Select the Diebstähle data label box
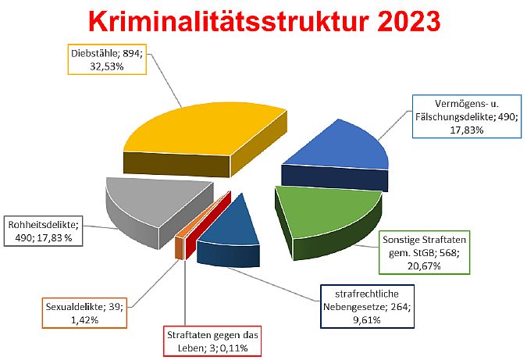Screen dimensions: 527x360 click(107, 59)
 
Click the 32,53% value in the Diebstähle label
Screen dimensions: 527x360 click(107, 66)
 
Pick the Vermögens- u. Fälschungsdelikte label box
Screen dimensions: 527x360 click(467, 116)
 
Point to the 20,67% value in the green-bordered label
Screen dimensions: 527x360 click(424, 266)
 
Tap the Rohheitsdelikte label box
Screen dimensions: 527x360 click(44, 231)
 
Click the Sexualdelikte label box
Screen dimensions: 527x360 click(84, 313)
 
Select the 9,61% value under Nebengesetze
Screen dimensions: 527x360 click(367, 319)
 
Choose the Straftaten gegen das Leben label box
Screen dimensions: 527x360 click(212, 341)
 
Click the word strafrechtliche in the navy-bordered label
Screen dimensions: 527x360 click(367, 294)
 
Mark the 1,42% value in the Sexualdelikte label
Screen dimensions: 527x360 click(84, 319)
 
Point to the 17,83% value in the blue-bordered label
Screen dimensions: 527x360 click(467, 130)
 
